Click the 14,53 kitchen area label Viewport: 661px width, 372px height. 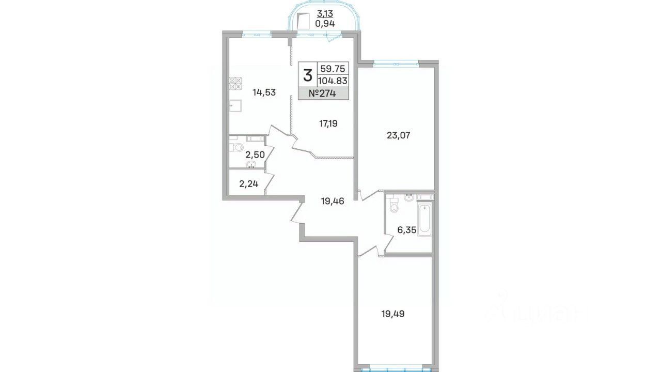(57, 92)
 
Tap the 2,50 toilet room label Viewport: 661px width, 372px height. (49, 154)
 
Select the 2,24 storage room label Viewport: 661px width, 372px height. (42, 184)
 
